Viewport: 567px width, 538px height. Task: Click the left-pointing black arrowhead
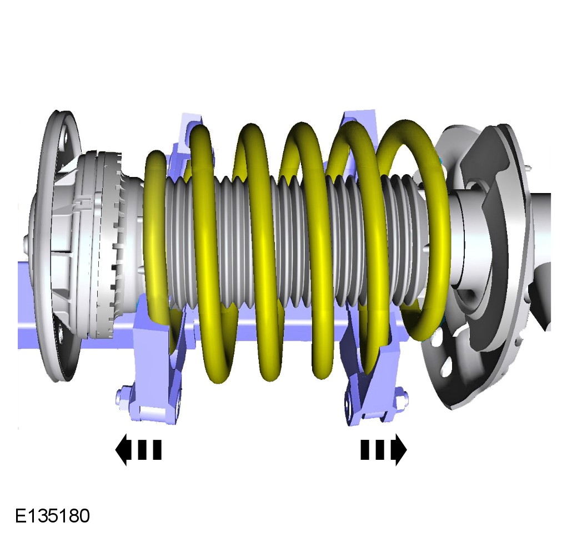pyautogui.click(x=121, y=450)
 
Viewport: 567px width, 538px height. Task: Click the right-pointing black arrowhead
pyautogui.click(x=401, y=450)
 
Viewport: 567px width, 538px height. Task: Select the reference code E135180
pyautogui.click(x=52, y=516)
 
